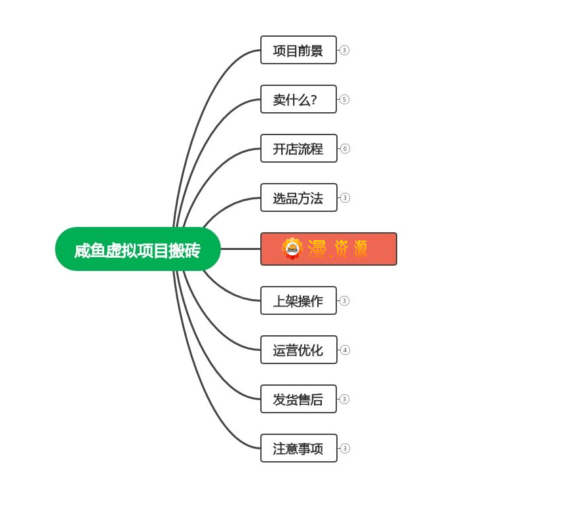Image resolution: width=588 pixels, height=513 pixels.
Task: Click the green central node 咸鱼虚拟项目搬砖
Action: click(x=138, y=249)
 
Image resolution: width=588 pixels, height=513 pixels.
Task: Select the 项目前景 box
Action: click(x=298, y=50)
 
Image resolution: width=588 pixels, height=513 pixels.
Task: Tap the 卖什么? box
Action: click(x=298, y=99)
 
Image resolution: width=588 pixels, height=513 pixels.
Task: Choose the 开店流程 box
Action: click(x=298, y=148)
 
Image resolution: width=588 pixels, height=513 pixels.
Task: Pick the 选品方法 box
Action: click(x=298, y=197)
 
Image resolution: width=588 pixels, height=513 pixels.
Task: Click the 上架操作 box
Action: click(x=298, y=300)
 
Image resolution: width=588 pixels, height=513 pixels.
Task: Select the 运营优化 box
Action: click(x=298, y=350)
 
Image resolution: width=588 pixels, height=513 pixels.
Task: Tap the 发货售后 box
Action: click(x=298, y=399)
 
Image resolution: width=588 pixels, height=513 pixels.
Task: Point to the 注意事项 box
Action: click(x=298, y=448)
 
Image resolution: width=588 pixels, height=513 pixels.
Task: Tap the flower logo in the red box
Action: click(x=292, y=249)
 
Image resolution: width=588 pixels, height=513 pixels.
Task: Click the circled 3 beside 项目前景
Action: click(x=344, y=50)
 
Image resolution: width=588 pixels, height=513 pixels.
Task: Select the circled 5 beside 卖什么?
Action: click(x=344, y=99)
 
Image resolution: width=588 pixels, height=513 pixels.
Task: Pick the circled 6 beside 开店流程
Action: click(x=345, y=148)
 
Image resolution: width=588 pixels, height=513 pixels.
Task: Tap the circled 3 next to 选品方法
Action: click(x=345, y=197)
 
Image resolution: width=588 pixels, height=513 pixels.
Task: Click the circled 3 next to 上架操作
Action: click(x=344, y=300)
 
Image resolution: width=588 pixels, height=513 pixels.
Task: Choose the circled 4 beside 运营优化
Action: click(x=345, y=350)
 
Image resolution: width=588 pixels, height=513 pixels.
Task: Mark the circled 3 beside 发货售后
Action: click(x=344, y=399)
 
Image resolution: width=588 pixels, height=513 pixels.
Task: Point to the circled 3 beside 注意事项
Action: click(x=345, y=448)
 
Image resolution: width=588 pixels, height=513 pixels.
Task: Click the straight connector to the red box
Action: click(x=241, y=249)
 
